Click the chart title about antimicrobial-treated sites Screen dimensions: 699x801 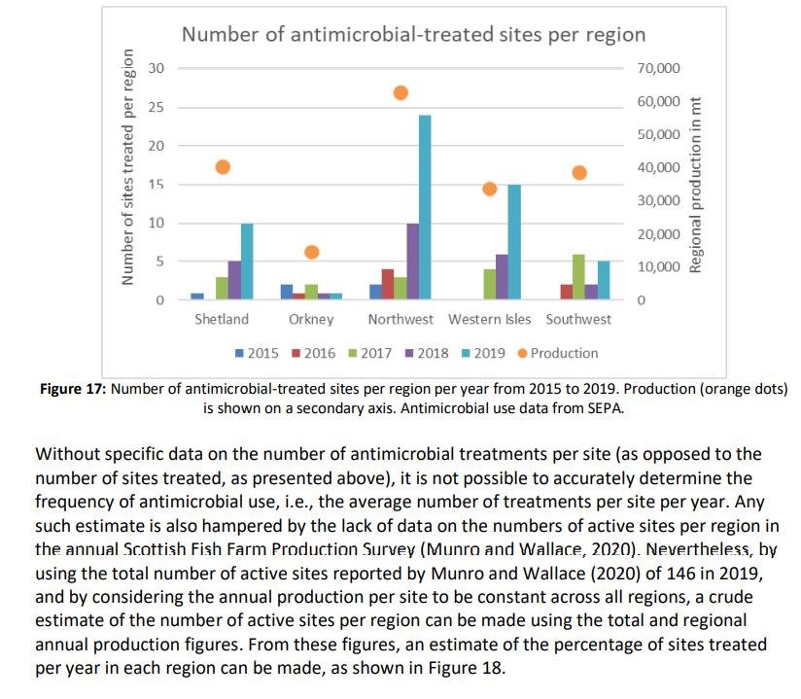click(413, 35)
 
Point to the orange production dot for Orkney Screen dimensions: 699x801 click(312, 252)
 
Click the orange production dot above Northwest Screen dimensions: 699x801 click(400, 92)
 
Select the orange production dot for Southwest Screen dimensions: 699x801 click(579, 172)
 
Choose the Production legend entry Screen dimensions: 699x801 click(556, 353)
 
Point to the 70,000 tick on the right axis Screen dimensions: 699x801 click(658, 68)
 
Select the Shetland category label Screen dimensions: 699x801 click(222, 320)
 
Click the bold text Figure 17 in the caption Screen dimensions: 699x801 click(74, 389)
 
